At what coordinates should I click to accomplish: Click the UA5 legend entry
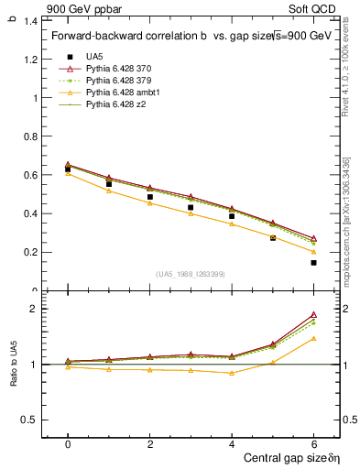pos(92,58)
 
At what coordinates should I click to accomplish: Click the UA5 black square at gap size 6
pos(313,263)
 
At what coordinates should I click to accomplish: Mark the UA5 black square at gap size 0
pos(68,169)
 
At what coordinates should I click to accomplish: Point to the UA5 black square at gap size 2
pos(149,197)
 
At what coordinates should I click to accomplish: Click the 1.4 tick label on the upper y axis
pos(29,20)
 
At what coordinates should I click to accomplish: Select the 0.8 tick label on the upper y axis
pos(29,136)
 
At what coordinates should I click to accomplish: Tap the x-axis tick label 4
pos(231,444)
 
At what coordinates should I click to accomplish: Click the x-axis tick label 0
pos(68,444)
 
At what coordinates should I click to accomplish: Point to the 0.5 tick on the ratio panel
pos(29,420)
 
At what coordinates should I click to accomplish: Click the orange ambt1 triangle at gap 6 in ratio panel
pos(313,338)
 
